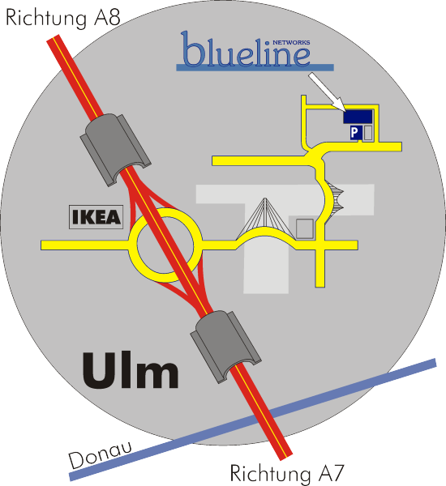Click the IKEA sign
coord(96,217)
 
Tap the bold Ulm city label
coord(131,370)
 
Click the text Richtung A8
coord(63,18)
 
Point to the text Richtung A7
coord(287,473)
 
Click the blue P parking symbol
coord(354,133)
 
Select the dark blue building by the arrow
coord(358,117)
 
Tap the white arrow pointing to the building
coord(327,92)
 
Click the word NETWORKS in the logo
coord(291,42)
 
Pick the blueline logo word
coord(245,49)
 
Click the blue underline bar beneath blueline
coord(255,67)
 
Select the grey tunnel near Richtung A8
coord(115,150)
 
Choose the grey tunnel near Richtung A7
coord(225,347)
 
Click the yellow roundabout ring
coord(134,245)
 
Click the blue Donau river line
coord(252,420)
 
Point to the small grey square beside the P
coord(368,133)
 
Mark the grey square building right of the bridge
coord(304,228)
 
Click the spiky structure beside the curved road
coord(335,196)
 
